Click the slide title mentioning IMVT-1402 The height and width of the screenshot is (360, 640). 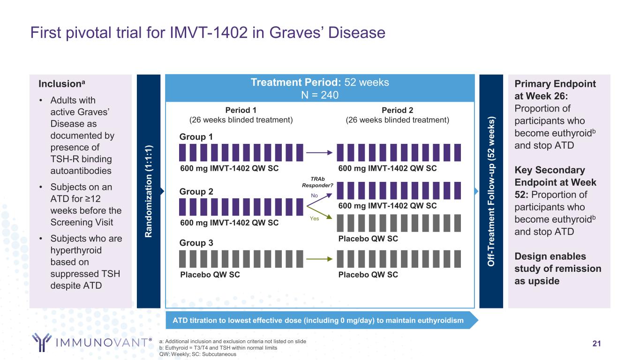tap(208, 32)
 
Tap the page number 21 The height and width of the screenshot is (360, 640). tap(596, 344)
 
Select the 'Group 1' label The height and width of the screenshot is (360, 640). tap(196, 137)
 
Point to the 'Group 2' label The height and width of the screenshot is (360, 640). tap(196, 192)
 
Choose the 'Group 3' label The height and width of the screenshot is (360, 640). tap(196, 243)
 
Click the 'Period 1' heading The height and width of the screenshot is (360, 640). tap(241, 110)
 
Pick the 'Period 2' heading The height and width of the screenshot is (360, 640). tap(397, 110)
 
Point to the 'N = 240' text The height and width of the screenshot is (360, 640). tap(320, 95)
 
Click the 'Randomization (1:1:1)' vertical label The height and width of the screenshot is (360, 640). tap(148, 191)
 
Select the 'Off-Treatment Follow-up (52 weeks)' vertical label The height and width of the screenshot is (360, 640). tap(491, 191)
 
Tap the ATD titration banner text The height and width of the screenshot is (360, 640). tap(317, 321)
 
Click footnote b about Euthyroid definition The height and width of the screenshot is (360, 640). tap(218, 348)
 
